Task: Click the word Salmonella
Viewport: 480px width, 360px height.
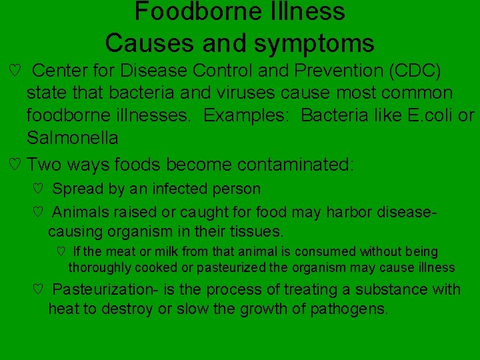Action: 72,138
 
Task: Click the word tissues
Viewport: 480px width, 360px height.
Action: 260,232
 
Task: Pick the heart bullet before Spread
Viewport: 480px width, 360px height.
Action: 37,189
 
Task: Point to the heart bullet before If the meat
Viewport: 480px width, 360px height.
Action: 60,252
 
